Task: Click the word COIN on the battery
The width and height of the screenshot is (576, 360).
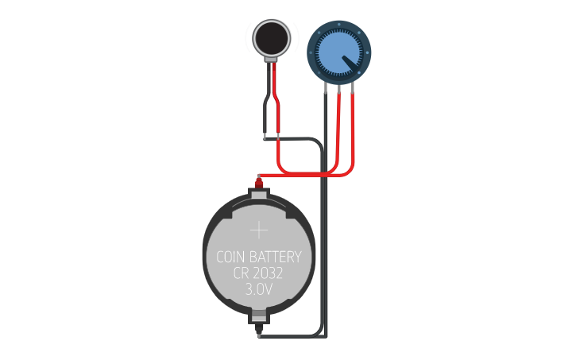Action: [x=231, y=257]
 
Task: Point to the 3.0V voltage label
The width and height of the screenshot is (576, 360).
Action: [x=259, y=289]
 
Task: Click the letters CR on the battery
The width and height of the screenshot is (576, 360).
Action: [x=241, y=273]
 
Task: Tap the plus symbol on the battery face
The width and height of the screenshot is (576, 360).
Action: [x=259, y=230]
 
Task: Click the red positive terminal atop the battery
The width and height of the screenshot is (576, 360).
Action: [x=259, y=183]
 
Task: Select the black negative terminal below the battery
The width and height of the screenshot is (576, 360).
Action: [x=259, y=330]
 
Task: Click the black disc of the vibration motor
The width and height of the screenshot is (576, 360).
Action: [x=272, y=39]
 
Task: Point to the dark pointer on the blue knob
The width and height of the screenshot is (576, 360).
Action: [x=350, y=63]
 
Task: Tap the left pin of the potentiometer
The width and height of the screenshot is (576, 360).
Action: [x=326, y=87]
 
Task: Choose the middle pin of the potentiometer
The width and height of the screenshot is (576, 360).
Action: [x=339, y=89]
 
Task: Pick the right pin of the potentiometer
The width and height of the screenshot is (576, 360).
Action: [x=353, y=87]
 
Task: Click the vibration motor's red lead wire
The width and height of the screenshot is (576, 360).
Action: [x=277, y=99]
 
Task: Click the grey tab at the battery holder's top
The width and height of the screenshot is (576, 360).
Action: [x=259, y=193]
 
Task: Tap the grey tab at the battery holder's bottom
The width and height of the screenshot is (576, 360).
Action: [x=259, y=315]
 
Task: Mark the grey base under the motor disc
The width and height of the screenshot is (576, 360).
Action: [x=272, y=60]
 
